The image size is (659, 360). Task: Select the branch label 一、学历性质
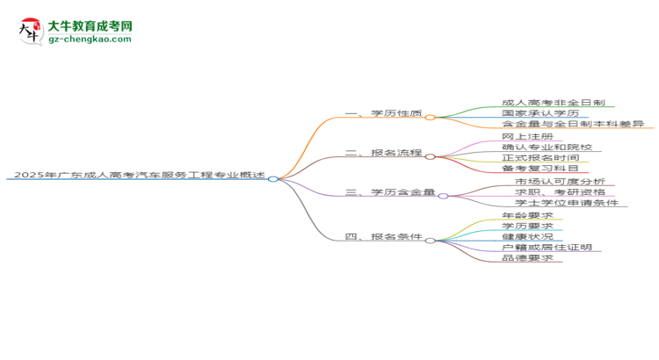click(384, 114)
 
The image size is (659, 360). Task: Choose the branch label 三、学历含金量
click(390, 192)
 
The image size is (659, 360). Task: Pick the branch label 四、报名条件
click(384, 237)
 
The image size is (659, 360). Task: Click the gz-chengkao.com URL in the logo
click(91, 40)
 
